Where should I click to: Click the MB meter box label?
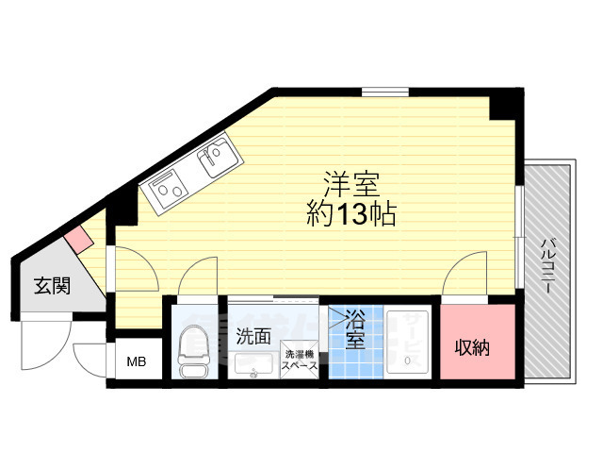coord(138,361)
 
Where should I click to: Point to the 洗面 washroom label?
coord(253,335)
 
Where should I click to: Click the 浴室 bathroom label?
coord(355,327)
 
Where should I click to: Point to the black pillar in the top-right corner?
coord(506,103)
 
